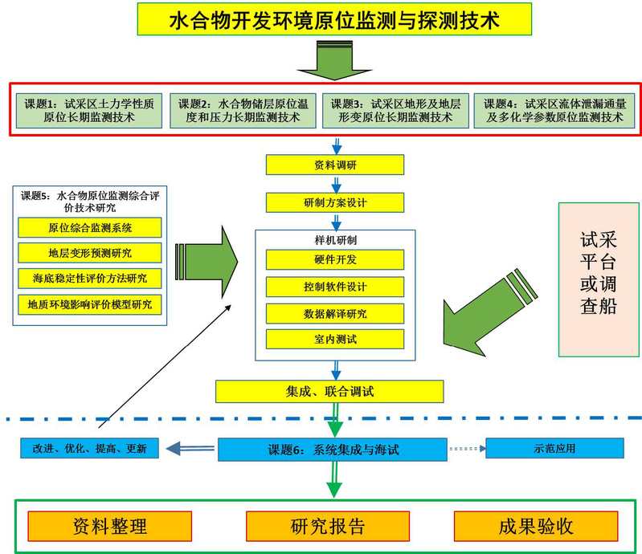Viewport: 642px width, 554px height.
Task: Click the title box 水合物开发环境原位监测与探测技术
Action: (334, 19)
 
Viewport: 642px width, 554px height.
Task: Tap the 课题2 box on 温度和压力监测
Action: (245, 110)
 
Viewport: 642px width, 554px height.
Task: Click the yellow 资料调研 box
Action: (335, 165)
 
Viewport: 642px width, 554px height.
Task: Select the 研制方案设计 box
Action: (335, 202)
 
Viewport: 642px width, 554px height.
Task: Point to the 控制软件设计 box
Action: (335, 287)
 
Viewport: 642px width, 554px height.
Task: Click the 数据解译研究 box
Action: (335, 314)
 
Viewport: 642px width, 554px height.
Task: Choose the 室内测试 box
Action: (335, 340)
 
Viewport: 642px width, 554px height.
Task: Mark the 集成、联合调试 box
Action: (329, 392)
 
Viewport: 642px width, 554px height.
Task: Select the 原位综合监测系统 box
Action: (89, 228)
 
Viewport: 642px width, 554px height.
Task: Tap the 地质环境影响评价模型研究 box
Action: (89, 304)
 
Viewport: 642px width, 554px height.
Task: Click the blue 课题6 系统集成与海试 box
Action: (332, 450)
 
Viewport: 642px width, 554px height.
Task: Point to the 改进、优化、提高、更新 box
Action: (90, 449)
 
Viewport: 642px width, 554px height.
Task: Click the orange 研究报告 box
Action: (328, 527)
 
